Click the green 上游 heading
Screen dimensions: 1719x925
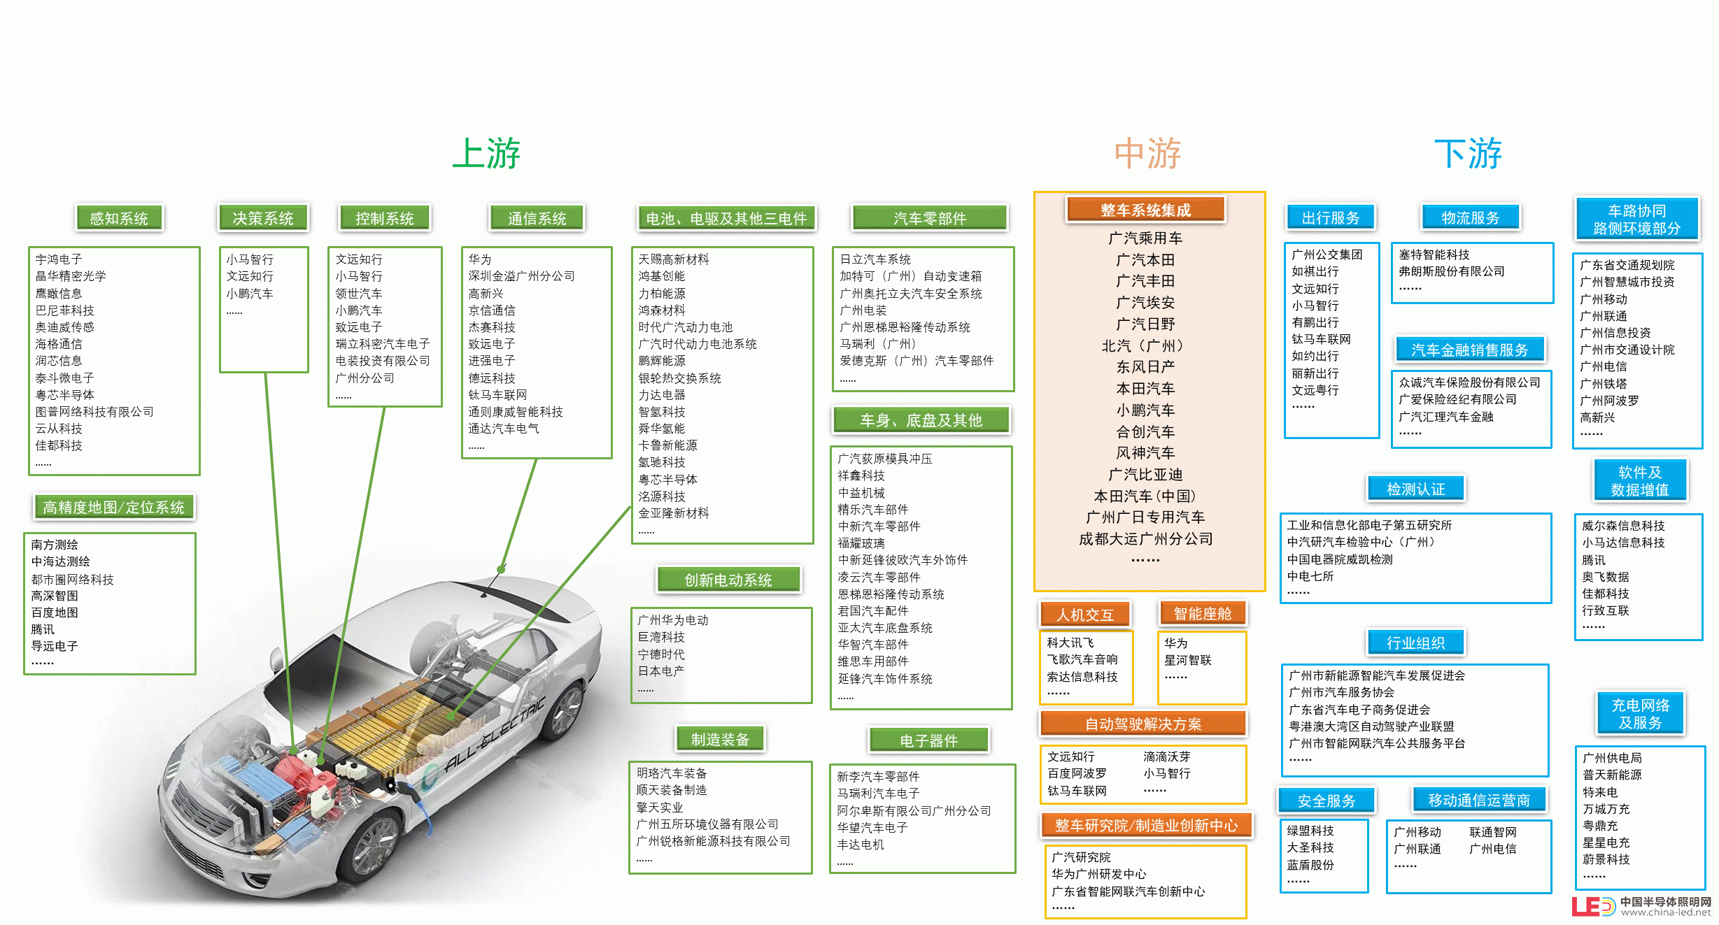pyautogui.click(x=486, y=153)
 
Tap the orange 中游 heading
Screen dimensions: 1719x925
pyautogui.click(x=1147, y=153)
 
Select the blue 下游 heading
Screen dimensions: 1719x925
pyautogui.click(x=1468, y=153)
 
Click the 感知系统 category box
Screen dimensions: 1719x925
pyautogui.click(x=119, y=218)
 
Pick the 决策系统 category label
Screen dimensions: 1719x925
pyautogui.click(x=263, y=218)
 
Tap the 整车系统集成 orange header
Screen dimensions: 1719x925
pyautogui.click(x=1145, y=210)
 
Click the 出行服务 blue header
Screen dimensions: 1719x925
pyautogui.click(x=1331, y=217)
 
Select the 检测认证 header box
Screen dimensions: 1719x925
pyautogui.click(x=1416, y=489)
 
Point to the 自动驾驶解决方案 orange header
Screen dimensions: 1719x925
pyautogui.click(x=1143, y=724)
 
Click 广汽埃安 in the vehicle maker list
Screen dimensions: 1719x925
pyautogui.click(x=1145, y=303)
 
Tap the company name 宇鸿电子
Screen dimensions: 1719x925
pyautogui.click(x=59, y=259)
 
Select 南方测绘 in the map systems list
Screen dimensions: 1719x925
pyautogui.click(x=55, y=545)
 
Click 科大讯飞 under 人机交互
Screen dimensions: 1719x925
pyautogui.click(x=1070, y=643)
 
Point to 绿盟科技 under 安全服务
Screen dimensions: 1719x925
pyautogui.click(x=1310, y=831)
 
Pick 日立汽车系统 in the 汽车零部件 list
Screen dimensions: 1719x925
pyautogui.click(x=875, y=259)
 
